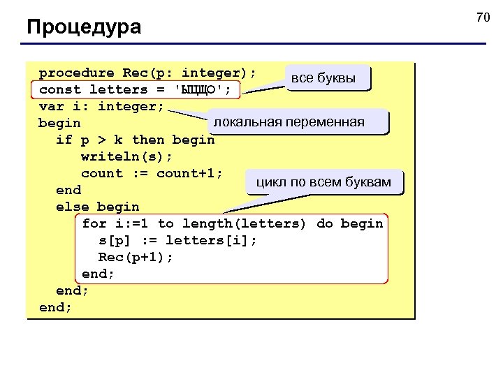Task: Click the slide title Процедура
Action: (84, 27)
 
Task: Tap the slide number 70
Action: (483, 17)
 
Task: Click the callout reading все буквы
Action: (323, 78)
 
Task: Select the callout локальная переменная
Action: (289, 122)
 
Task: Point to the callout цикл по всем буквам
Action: (323, 182)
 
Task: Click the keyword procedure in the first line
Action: (76, 73)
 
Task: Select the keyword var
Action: (52, 106)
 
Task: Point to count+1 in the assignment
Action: (189, 173)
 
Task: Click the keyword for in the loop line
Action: (94, 223)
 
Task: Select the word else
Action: (72, 207)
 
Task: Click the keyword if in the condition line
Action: (64, 140)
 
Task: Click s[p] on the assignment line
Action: (118, 240)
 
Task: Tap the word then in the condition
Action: (147, 140)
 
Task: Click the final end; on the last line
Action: (56, 307)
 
